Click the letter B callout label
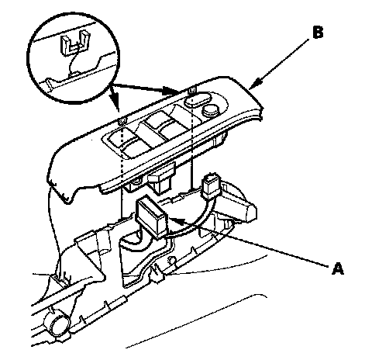318,33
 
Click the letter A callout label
338,268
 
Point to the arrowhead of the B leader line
256,84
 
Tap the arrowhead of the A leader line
177,220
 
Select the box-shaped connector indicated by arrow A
152,216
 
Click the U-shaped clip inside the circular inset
73,43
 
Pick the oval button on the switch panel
198,100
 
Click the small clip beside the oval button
191,90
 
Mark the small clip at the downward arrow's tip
122,121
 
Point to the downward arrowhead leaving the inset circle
115,103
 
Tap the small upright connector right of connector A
212,185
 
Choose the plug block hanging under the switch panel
160,182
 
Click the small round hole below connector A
170,259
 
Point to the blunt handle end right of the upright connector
249,210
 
